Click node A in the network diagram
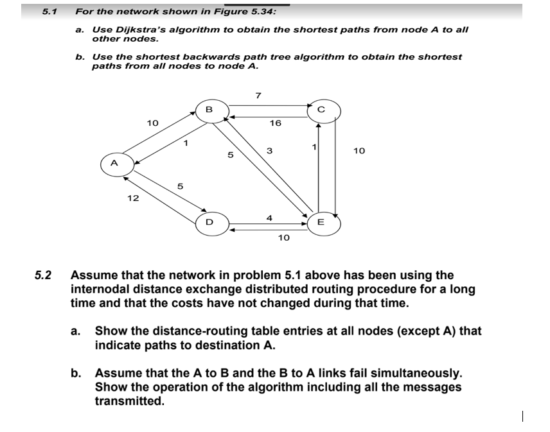(114, 163)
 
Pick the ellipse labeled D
(209, 223)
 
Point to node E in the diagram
(321, 223)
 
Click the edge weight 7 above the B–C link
(258, 95)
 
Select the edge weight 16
(275, 122)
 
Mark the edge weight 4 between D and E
(269, 218)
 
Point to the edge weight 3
(270, 151)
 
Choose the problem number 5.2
(43, 276)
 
